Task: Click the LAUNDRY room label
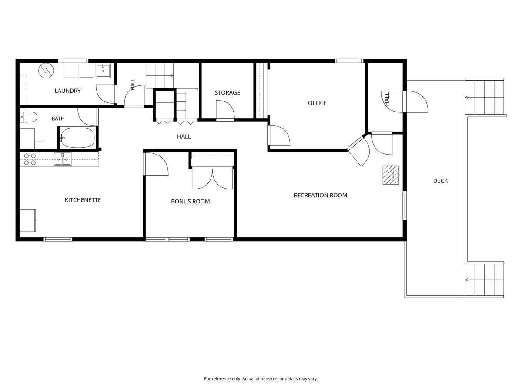[x=67, y=91]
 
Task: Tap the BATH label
[x=58, y=118]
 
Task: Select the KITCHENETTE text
[x=83, y=200]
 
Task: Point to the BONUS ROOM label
[x=190, y=201]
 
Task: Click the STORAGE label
[x=228, y=93]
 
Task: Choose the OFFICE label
[x=317, y=103]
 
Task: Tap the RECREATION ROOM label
[x=320, y=196]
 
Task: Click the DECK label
[x=440, y=181]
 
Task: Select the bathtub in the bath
[x=77, y=138]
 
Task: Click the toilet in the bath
[x=29, y=117]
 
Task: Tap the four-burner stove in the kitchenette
[x=30, y=159]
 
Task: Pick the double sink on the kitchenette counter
[x=62, y=159]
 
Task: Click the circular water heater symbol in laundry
[x=46, y=71]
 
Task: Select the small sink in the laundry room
[x=103, y=71]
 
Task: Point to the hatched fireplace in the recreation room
[x=391, y=175]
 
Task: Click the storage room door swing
[x=225, y=110]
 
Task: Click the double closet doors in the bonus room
[x=212, y=179]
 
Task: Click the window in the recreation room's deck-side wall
[x=404, y=206]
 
